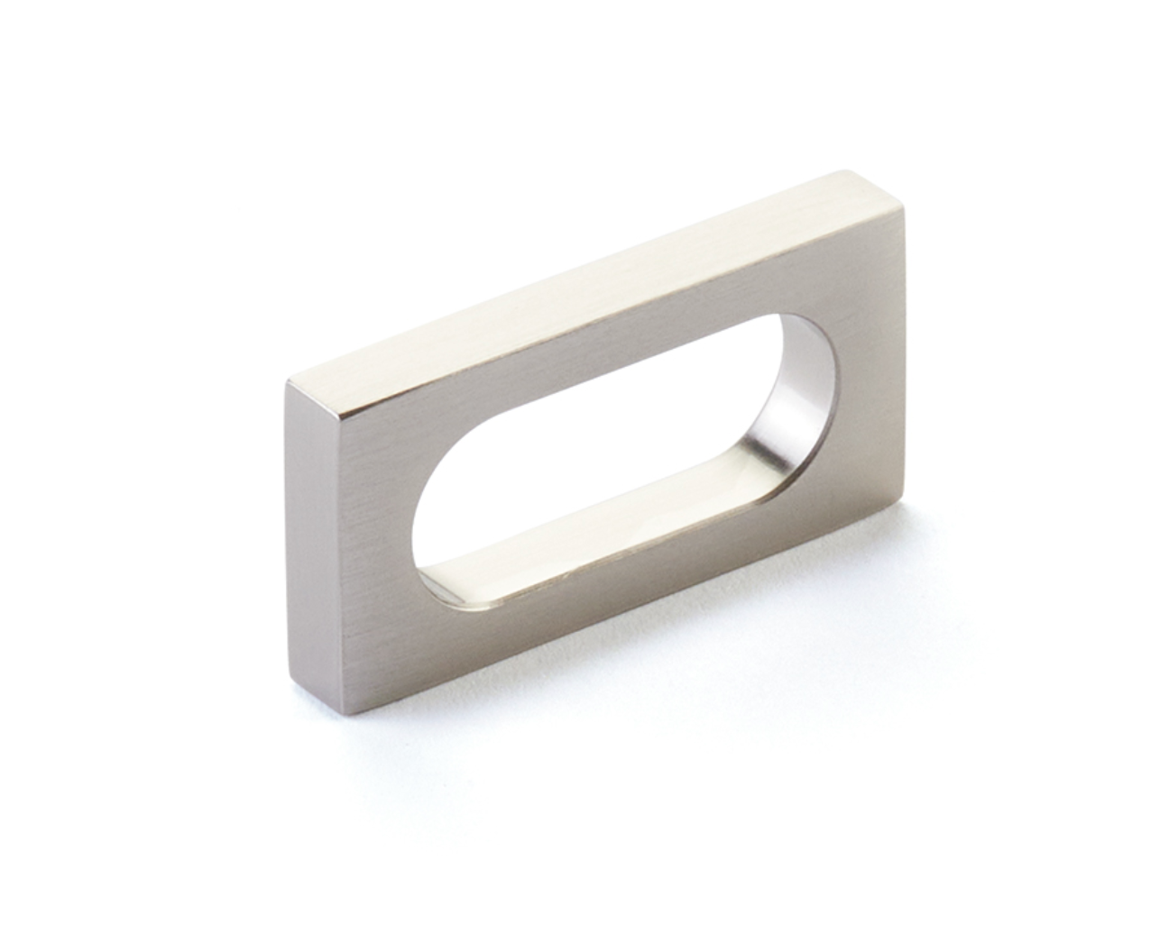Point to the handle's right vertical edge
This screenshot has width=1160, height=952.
click(x=903, y=361)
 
